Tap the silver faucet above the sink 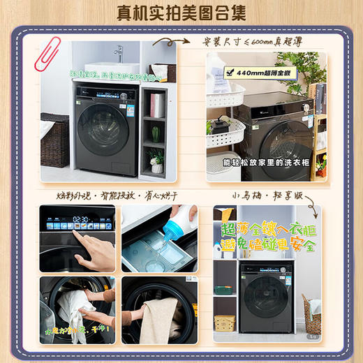(118, 54)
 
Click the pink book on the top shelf (157, 105)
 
